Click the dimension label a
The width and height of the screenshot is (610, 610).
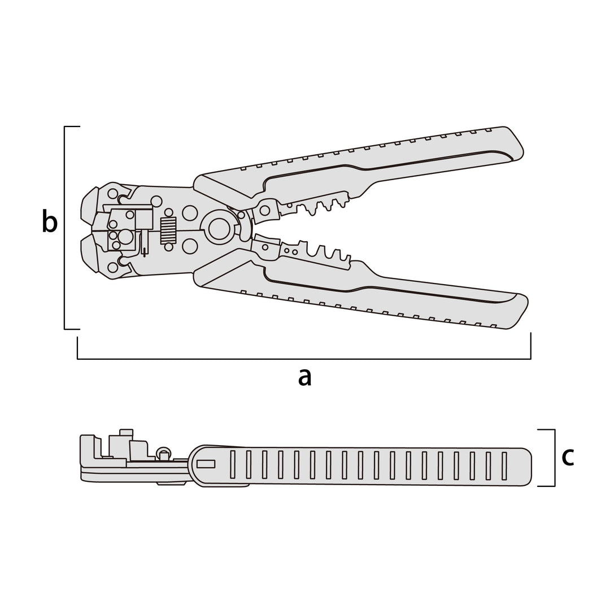point(304,378)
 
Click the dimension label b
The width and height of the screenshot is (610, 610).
point(49,221)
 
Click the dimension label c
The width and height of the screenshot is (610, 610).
point(568,457)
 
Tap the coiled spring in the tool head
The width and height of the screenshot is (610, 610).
point(168,230)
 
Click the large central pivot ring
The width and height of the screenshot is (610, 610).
point(219,229)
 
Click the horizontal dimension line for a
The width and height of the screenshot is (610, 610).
point(304,359)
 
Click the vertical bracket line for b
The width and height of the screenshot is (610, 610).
point(64,228)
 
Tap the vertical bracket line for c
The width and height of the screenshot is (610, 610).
point(555,458)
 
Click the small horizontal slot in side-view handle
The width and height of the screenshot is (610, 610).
point(206,464)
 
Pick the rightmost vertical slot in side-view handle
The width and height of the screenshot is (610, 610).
point(504,465)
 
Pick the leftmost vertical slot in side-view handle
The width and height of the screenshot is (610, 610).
point(233,465)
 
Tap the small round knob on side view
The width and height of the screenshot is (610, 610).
point(163,453)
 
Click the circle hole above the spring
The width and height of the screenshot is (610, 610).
point(168,212)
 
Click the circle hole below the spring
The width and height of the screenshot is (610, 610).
point(168,247)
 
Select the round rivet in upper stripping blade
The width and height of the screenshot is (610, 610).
point(264,211)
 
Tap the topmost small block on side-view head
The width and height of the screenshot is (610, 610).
point(127,433)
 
